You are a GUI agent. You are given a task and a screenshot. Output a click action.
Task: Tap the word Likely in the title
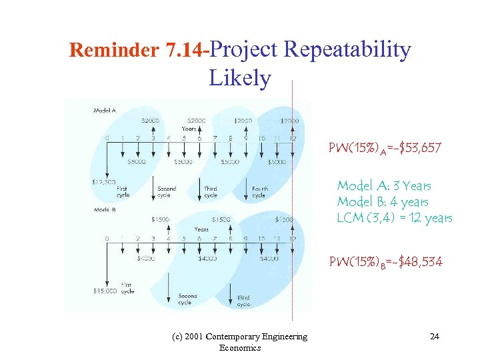click(240, 78)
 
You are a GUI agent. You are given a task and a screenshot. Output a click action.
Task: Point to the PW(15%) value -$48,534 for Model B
click(385, 262)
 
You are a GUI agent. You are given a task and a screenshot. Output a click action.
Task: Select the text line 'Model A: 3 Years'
click(383, 186)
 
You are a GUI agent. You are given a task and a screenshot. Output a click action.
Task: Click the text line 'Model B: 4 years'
click(382, 202)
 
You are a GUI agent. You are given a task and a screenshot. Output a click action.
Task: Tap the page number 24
click(434, 337)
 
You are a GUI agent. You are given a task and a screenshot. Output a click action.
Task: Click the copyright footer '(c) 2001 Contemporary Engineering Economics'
click(257, 342)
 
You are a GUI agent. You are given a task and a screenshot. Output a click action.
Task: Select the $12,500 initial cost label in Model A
click(104, 182)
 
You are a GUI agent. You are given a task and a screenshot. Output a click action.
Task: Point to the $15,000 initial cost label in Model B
click(105, 291)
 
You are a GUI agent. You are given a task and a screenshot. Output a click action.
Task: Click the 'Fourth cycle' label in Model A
click(259, 192)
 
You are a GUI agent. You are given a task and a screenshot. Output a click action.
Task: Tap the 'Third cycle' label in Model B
click(242, 301)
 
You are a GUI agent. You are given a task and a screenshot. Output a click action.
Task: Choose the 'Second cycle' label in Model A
click(167, 192)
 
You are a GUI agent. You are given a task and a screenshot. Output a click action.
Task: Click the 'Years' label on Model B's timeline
click(201, 229)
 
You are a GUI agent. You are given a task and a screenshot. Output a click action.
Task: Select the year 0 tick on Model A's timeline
click(107, 139)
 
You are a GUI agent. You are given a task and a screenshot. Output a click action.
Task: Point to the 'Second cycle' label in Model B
click(187, 299)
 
